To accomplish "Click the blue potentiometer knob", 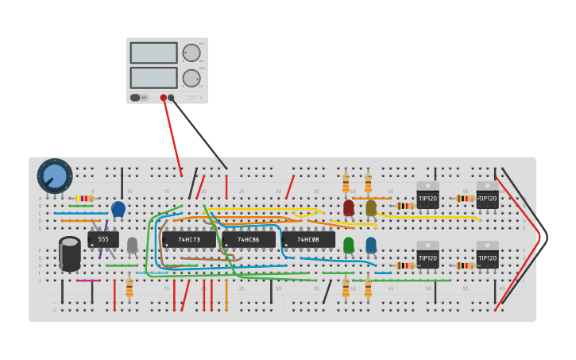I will pyautogui.click(x=55, y=176).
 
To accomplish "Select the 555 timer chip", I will pyautogui.click(x=103, y=239).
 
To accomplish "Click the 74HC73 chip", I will pyautogui.click(x=189, y=239).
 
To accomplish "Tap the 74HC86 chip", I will pyautogui.click(x=249, y=239).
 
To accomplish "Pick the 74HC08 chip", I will pyautogui.click(x=308, y=239).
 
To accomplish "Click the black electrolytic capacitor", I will pyautogui.click(x=70, y=253).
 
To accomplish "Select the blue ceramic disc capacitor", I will pyautogui.click(x=118, y=209).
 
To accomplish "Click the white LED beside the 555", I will pyautogui.click(x=133, y=244).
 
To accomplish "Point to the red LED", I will pyautogui.click(x=349, y=207).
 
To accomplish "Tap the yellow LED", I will pyautogui.click(x=371, y=207).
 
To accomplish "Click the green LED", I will pyautogui.click(x=349, y=244).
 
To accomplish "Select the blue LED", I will pyautogui.click(x=371, y=244).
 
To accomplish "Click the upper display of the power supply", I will pyautogui.click(x=153, y=53).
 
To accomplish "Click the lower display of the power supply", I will pyautogui.click(x=153, y=77).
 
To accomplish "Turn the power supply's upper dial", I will pyautogui.click(x=191, y=53).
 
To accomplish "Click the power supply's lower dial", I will pyautogui.click(x=191, y=78).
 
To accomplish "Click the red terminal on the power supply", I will pyautogui.click(x=164, y=98).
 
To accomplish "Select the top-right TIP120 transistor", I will pyautogui.click(x=487, y=195).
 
